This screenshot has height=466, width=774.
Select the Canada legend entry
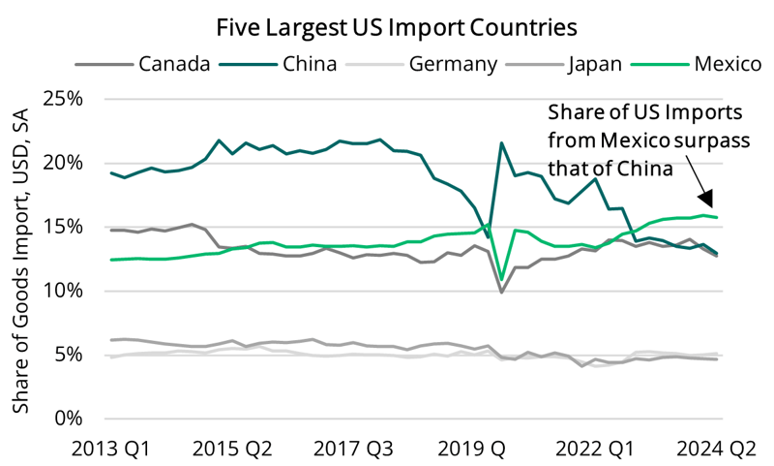[174, 65]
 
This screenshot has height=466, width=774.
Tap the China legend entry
[311, 65]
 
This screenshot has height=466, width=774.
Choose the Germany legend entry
[453, 65]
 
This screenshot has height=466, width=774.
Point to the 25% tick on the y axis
[65, 100]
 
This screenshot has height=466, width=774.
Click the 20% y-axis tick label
[65, 163]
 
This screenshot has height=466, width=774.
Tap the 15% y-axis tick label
[65, 227]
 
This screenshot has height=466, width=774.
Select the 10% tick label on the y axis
[65, 291]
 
